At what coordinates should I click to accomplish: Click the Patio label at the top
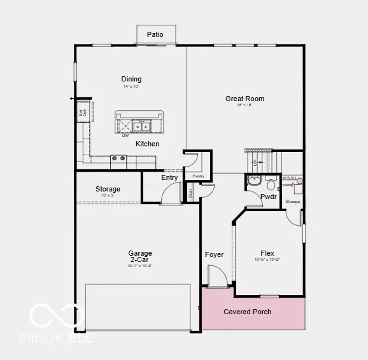pyautogui.click(x=155, y=34)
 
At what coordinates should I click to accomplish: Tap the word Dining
pyautogui.click(x=131, y=80)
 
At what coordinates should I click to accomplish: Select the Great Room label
pyautogui.click(x=244, y=99)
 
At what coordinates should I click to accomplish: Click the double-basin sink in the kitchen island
pyautogui.click(x=141, y=125)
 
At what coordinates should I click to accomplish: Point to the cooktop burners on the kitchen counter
pyautogui.click(x=118, y=159)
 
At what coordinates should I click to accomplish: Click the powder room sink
pyautogui.click(x=254, y=181)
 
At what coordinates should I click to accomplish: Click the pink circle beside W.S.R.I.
pyautogui.click(x=299, y=181)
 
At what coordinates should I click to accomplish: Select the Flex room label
pyautogui.click(x=267, y=253)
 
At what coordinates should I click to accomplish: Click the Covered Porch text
pyautogui.click(x=247, y=312)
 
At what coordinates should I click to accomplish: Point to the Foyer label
pyautogui.click(x=214, y=254)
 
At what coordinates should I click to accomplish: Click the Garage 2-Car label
pyautogui.click(x=139, y=257)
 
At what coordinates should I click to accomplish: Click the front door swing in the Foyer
pyautogui.click(x=217, y=277)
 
